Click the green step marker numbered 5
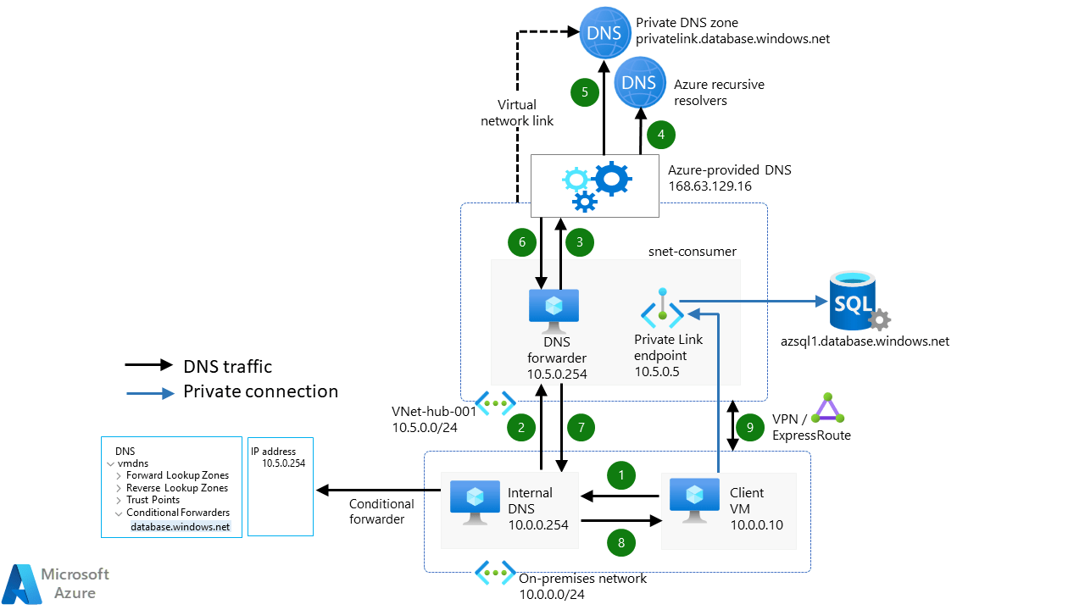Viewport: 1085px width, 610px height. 585,91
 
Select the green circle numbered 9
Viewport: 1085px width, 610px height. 749,428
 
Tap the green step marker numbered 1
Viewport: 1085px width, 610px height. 622,475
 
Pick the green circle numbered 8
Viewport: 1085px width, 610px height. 622,543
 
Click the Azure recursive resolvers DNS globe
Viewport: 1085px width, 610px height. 638,81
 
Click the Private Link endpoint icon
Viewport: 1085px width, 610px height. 662,310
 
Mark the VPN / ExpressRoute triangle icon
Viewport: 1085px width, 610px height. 827,409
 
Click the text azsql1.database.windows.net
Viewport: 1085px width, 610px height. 864,341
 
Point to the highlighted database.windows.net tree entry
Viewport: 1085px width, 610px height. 180,526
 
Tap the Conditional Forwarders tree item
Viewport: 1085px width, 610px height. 177,513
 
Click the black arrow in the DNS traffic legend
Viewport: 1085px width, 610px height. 149,366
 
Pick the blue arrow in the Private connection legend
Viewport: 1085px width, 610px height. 149,391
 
